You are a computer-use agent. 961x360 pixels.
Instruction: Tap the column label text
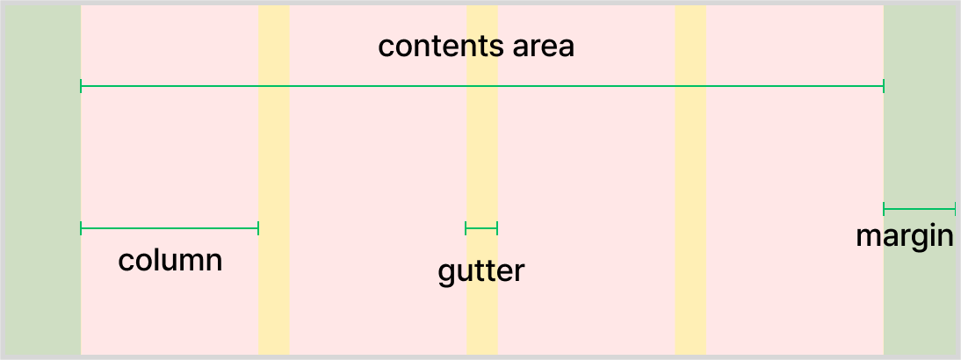coord(170,261)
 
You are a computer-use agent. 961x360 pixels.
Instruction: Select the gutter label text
coord(480,271)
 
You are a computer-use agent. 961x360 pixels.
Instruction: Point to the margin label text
coord(905,236)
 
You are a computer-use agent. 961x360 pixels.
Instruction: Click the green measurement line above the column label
coord(170,228)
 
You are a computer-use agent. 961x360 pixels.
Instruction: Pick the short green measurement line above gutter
coord(481,228)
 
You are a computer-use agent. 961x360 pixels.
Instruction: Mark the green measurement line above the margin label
coord(919,209)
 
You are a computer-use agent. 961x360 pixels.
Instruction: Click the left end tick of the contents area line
coord(81,86)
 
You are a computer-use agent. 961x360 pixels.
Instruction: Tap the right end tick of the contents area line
coord(884,86)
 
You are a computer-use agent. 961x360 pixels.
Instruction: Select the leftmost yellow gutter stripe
coord(273,158)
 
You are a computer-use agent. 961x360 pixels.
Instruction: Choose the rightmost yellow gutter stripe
coord(690,158)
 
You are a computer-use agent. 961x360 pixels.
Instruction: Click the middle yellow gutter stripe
coord(482,158)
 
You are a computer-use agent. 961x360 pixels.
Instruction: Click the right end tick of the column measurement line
coord(258,228)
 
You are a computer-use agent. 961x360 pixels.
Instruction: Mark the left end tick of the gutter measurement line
coord(466,228)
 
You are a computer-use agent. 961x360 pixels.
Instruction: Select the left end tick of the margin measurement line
coord(884,209)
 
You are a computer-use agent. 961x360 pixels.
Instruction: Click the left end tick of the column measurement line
coord(81,228)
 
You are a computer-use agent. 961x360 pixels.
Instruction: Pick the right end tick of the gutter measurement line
coord(497,228)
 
